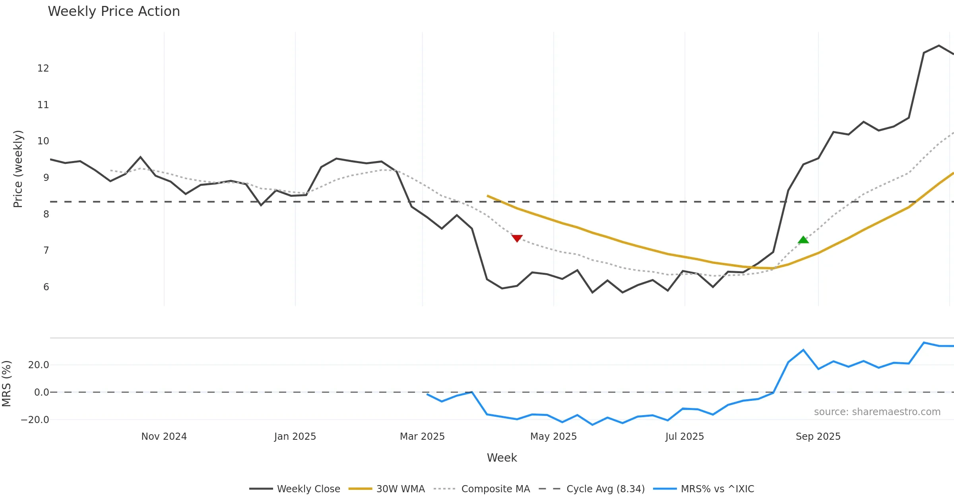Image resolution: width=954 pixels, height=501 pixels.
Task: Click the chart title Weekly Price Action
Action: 114,12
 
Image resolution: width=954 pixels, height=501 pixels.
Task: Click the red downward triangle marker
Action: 517,238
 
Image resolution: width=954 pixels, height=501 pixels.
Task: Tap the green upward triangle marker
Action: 803,240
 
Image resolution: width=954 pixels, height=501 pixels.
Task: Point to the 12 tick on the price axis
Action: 43,68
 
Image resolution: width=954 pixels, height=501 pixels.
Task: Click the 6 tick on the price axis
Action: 46,287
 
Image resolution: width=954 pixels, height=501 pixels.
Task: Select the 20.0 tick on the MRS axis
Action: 39,365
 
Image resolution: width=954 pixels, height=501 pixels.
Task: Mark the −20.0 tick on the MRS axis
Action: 35,420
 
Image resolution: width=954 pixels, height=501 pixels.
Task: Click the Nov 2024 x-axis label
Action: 164,437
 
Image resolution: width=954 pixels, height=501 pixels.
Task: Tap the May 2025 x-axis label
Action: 553,437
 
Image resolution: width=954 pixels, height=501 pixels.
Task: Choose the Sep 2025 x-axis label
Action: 818,437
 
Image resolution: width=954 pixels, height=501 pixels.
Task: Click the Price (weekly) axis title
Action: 18,169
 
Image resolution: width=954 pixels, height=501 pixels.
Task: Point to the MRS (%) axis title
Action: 6,384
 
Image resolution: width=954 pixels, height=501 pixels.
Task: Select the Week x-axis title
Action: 502,458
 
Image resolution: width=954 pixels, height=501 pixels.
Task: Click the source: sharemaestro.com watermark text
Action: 877,412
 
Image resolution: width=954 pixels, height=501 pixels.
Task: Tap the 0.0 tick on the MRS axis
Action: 41,392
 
